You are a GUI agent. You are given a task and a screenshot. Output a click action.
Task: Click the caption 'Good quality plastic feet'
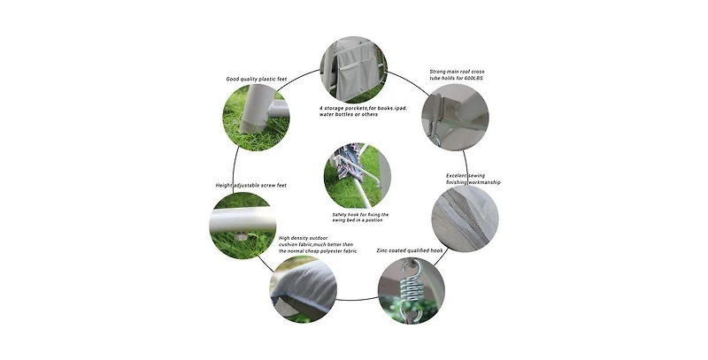click(x=257, y=80)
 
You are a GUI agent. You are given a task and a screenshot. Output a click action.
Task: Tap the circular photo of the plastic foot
click(x=256, y=118)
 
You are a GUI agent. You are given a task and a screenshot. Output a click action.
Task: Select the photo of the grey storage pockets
click(x=353, y=70)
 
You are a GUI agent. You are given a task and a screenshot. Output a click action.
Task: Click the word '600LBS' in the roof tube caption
click(x=473, y=79)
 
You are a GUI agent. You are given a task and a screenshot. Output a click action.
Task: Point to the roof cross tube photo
click(x=455, y=117)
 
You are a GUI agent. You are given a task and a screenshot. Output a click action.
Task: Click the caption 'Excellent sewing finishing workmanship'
click(x=473, y=179)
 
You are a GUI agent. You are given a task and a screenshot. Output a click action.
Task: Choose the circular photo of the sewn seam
click(x=466, y=218)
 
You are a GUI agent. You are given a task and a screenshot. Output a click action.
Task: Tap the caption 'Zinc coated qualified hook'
click(x=410, y=250)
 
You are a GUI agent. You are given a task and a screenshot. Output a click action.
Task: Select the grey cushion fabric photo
click(x=304, y=289)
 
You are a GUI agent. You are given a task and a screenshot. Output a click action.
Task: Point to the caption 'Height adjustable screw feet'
click(x=251, y=186)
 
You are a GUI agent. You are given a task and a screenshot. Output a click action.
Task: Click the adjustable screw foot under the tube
click(x=241, y=235)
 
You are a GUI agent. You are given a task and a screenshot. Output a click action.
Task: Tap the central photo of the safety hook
click(x=358, y=176)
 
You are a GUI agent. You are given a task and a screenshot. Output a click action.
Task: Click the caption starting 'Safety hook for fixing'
click(x=360, y=218)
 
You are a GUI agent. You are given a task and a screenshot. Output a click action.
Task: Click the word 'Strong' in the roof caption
click(x=437, y=72)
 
